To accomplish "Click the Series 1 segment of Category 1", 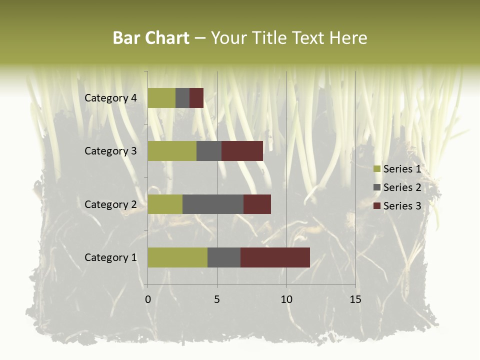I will [177, 257].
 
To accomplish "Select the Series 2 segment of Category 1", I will [224, 257].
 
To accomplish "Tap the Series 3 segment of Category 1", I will [275, 257].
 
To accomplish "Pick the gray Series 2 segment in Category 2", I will [213, 204].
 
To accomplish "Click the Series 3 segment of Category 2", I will [257, 204].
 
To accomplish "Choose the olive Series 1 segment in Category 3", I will [172, 151].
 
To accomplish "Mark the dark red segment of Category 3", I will [242, 151].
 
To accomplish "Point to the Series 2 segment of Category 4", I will [182, 98].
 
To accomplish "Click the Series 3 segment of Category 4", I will [196, 98].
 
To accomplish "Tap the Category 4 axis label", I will [110, 98].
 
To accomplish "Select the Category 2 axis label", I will [110, 204].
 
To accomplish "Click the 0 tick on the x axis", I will [148, 299].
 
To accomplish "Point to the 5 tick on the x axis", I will [217, 299].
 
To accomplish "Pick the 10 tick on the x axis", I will [286, 299].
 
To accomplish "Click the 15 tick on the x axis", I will [355, 299].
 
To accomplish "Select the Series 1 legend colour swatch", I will [376, 169].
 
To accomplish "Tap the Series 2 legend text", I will [402, 187].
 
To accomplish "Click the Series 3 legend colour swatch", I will [376, 206].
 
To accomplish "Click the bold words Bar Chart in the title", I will [151, 38].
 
